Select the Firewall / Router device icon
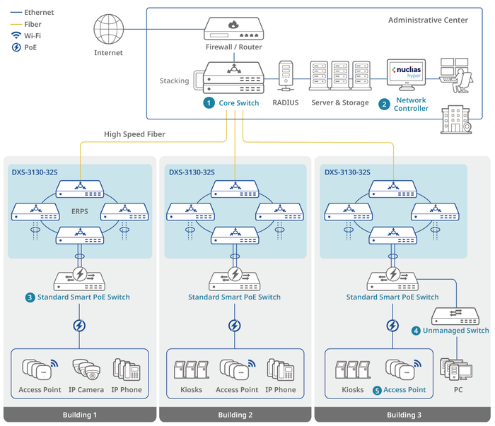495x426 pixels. [x=233, y=28]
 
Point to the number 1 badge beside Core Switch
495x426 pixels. [x=209, y=103]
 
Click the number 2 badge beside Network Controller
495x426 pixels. [x=384, y=104]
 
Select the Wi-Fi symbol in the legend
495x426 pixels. [x=16, y=35]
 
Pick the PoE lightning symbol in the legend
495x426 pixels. [x=16, y=47]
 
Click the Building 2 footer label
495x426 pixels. [x=235, y=415]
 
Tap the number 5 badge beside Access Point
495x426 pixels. [x=378, y=390]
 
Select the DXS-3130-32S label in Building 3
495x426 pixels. [x=349, y=172]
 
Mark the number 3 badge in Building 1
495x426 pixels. [x=30, y=297]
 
